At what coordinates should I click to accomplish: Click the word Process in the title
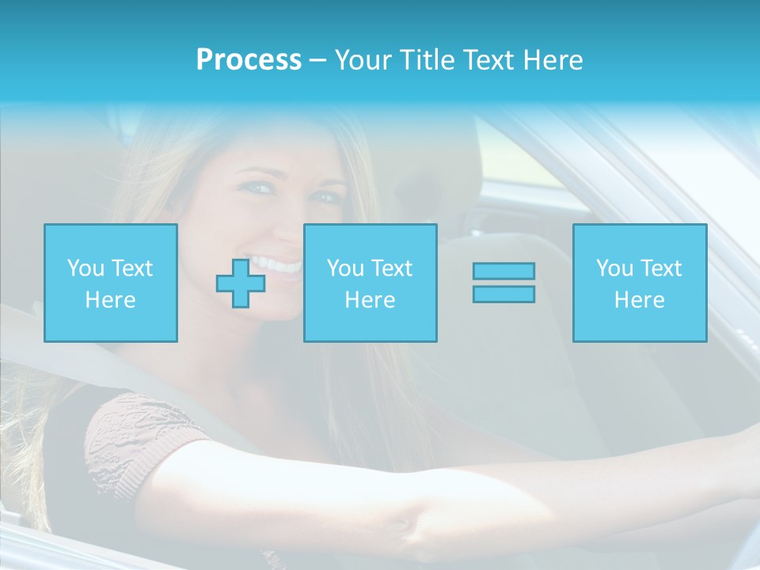pos(249,60)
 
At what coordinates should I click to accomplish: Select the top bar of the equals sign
pos(503,271)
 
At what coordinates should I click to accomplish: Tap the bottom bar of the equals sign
pos(503,294)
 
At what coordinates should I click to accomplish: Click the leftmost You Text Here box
pos(111,283)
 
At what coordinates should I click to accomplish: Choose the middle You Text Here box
pos(370,283)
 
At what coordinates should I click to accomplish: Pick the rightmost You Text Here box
pos(640,283)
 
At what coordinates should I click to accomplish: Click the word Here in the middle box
pos(370,300)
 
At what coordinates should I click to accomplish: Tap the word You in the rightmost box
pos(614,268)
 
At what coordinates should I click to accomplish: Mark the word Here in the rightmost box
pos(640,300)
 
